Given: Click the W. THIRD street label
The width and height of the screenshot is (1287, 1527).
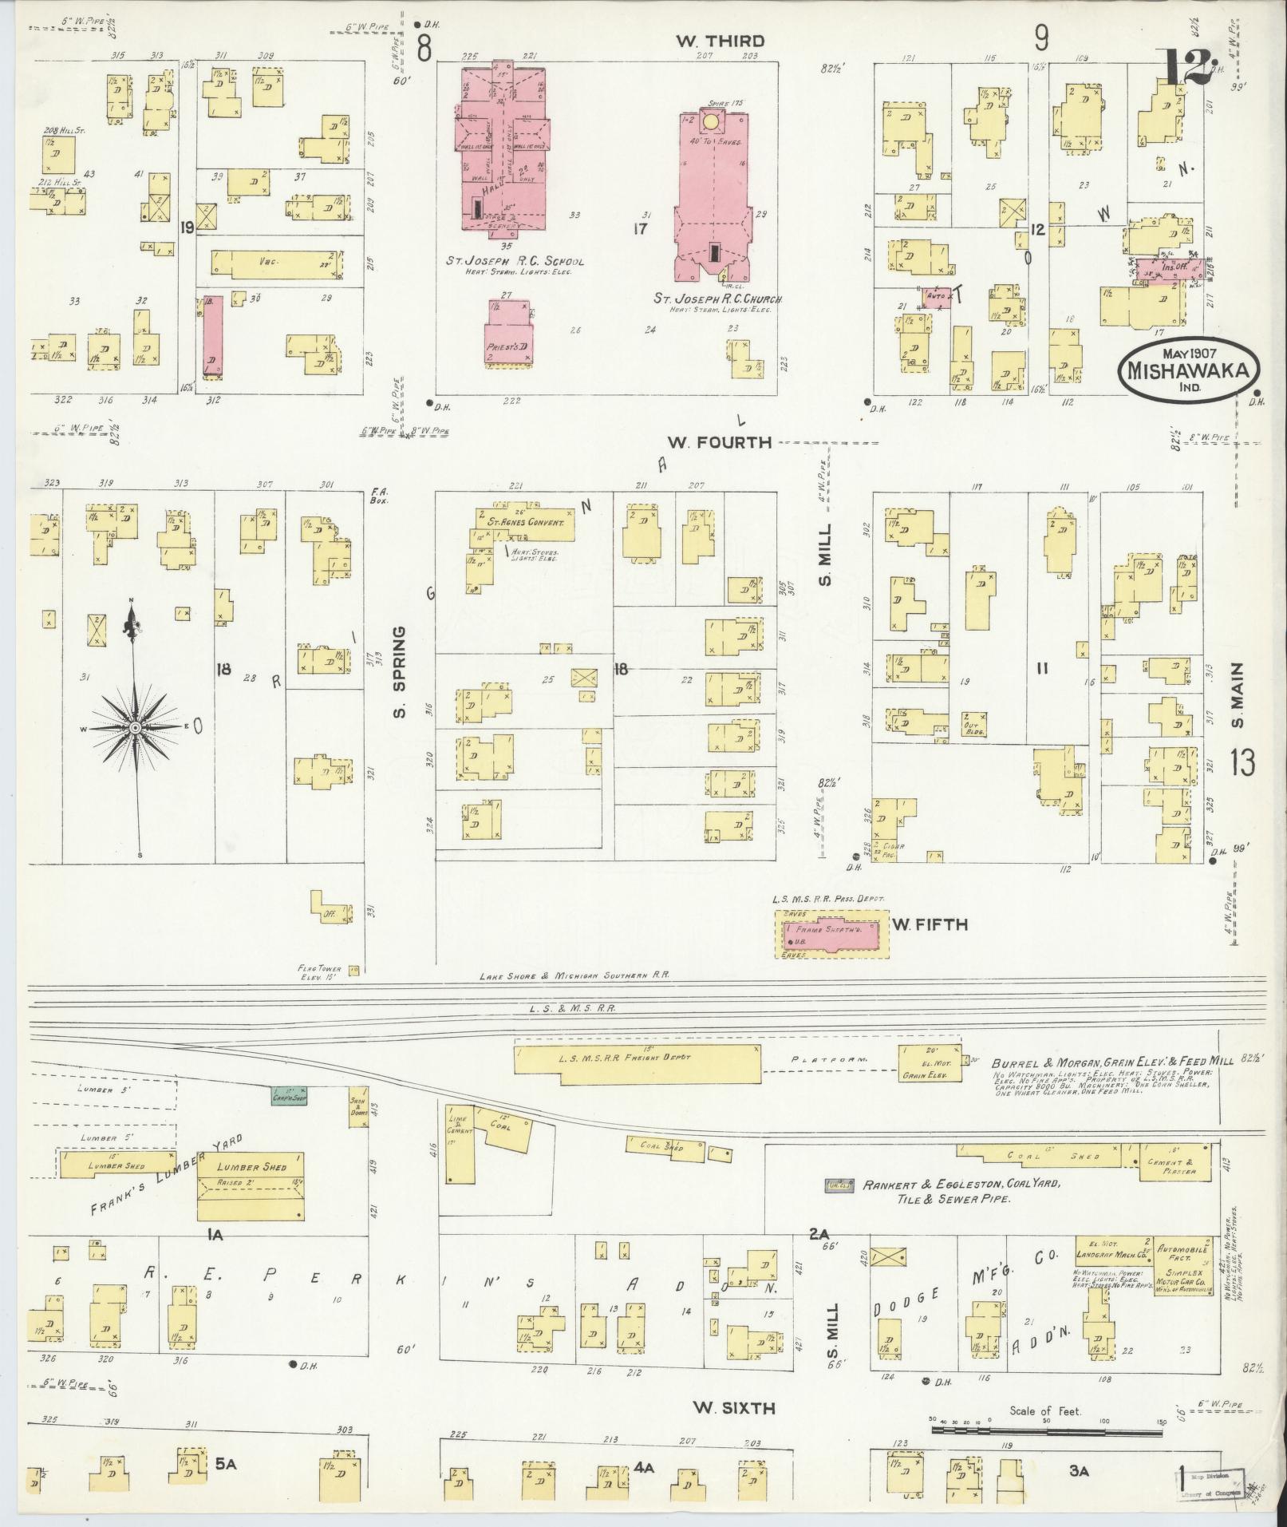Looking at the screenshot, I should pyautogui.click(x=720, y=42).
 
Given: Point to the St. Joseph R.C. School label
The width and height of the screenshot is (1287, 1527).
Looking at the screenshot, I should pyautogui.click(x=515, y=262).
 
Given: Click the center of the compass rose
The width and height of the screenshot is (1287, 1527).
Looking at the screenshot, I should pyautogui.click(x=136, y=728).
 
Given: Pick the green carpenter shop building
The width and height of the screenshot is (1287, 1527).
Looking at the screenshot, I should pyautogui.click(x=290, y=1096).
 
